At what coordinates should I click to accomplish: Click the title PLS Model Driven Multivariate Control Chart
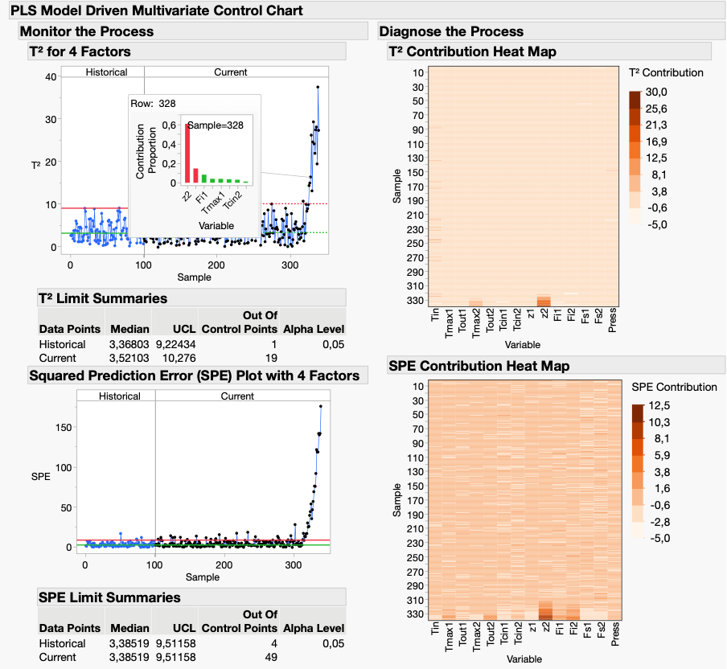(x=157, y=10)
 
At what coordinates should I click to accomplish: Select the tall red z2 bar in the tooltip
(x=187, y=154)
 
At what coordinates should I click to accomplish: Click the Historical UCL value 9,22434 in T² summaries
(x=176, y=344)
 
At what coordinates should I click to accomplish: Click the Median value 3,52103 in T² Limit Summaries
(x=129, y=358)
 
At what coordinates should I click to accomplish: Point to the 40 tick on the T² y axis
(x=51, y=77)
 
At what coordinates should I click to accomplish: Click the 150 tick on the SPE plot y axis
(x=64, y=427)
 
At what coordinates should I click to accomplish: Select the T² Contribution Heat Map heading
(x=472, y=51)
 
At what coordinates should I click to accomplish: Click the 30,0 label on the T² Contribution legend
(x=656, y=92)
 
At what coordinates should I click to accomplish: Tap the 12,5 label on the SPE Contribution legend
(x=659, y=406)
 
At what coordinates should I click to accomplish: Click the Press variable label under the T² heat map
(x=612, y=320)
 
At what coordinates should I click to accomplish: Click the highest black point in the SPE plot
(x=321, y=406)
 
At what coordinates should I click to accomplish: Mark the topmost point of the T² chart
(x=318, y=87)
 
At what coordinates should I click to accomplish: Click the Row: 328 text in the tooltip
(x=153, y=104)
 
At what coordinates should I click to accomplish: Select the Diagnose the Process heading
(x=451, y=31)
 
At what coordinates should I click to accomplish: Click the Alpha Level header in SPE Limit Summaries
(x=314, y=628)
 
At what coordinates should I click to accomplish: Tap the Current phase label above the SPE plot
(x=237, y=396)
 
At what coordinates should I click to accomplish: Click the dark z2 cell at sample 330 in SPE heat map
(x=546, y=616)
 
